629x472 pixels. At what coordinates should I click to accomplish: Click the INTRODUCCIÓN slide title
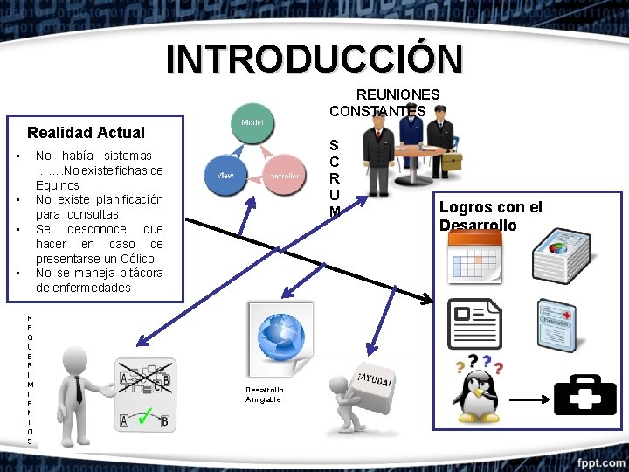[x=314, y=59]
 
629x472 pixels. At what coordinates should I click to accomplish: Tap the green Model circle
[x=252, y=124]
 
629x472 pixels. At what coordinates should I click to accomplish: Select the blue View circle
[x=225, y=175]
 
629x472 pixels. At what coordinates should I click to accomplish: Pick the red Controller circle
[x=283, y=176]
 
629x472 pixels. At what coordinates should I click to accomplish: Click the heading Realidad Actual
[x=86, y=133]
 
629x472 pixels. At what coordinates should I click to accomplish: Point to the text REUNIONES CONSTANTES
[x=384, y=102]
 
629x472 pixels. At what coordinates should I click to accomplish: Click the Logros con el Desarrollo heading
[x=489, y=216]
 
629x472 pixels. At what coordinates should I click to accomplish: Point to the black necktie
[x=79, y=389]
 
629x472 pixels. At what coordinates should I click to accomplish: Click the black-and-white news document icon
[x=474, y=324]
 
